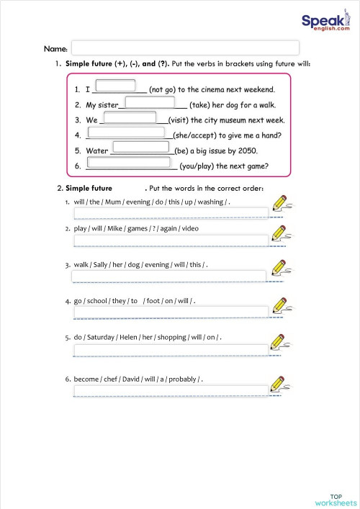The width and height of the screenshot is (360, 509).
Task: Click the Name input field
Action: tap(185, 48)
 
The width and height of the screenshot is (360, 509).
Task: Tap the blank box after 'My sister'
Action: tap(149, 102)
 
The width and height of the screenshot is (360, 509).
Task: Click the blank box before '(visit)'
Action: tap(130, 117)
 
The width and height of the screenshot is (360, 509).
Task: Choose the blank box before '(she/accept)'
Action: tap(130, 133)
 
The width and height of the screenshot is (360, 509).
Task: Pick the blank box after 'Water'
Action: tap(142, 148)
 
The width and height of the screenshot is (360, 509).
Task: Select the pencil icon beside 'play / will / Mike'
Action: tap(282, 234)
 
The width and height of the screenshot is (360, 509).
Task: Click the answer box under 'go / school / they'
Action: tap(171, 312)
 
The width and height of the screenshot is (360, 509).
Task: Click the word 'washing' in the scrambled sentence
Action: tap(210, 202)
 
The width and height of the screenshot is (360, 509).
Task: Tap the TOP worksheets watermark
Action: tap(335, 499)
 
